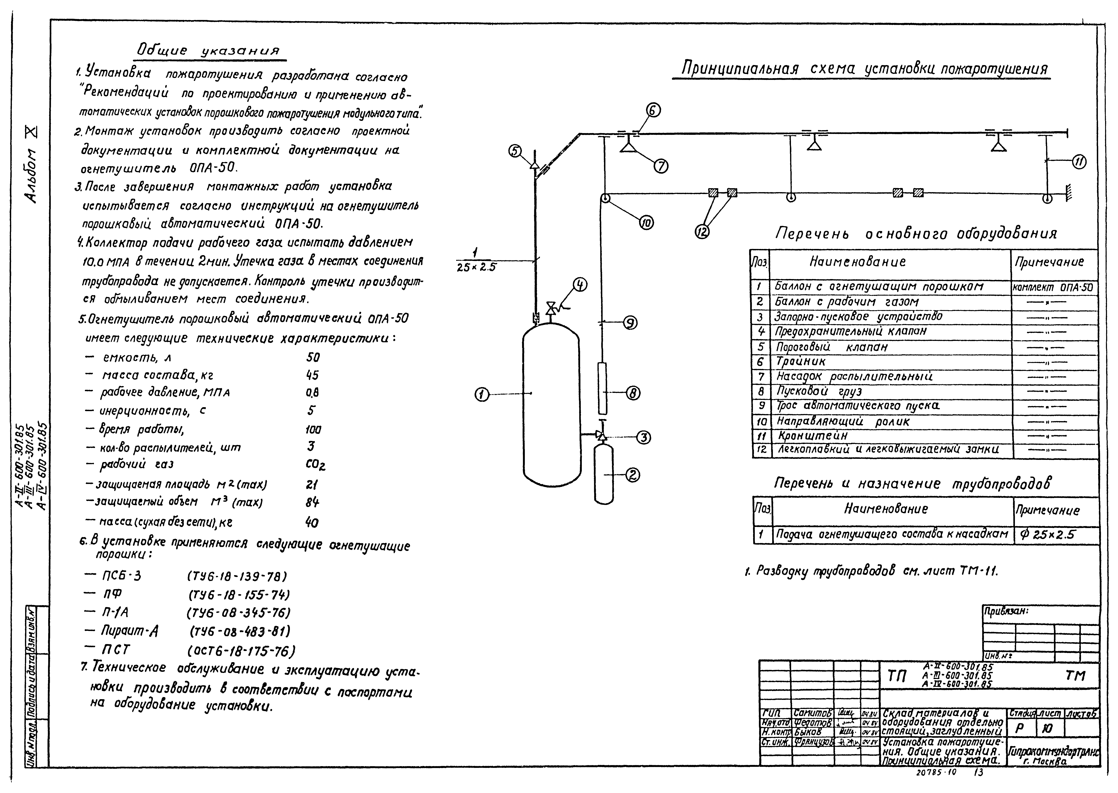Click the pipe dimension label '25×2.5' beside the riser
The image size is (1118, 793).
click(x=476, y=267)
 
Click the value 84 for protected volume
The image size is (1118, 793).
click(x=312, y=502)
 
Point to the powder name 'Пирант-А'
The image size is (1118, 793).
click(x=129, y=631)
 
